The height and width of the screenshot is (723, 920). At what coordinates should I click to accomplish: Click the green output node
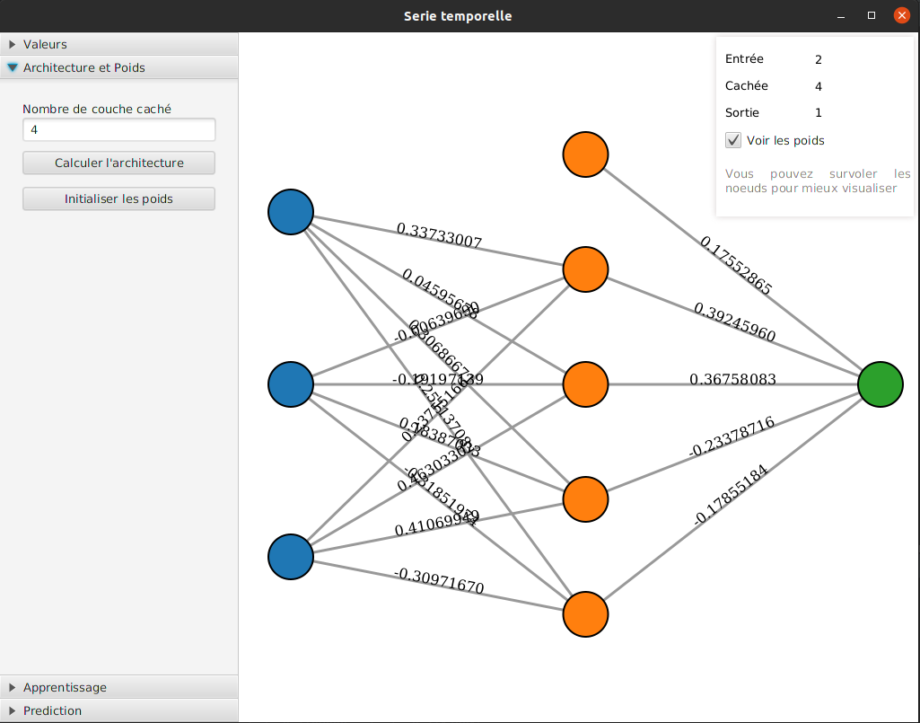[880, 384]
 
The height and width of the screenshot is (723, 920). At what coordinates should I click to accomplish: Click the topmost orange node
[585, 154]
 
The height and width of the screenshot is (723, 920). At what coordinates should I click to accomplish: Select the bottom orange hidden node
[585, 614]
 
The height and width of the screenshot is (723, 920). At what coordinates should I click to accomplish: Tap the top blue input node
[291, 212]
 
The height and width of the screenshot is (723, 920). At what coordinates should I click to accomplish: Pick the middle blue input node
[291, 384]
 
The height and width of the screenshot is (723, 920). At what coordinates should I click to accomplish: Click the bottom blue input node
[291, 557]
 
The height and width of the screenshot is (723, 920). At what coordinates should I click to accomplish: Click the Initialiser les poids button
[118, 198]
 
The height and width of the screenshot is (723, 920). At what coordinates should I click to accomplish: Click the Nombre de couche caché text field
[118, 130]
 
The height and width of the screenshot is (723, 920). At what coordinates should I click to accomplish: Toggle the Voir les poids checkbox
[734, 140]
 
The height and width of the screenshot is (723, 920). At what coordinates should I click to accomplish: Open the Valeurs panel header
[118, 44]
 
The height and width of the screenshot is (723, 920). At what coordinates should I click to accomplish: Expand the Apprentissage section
[118, 687]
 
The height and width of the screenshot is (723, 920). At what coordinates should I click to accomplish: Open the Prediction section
[118, 710]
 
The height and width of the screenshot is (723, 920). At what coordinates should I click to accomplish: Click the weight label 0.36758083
[732, 380]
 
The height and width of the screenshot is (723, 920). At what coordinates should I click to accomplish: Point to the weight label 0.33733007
[440, 235]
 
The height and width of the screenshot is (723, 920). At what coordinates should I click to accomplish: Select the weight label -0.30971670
[438, 582]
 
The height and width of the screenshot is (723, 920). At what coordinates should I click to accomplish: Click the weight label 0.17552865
[735, 265]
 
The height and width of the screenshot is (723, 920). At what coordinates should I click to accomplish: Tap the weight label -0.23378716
[731, 436]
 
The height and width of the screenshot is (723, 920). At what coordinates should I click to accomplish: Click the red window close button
[901, 15]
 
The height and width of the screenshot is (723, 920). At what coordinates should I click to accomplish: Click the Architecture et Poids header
[118, 67]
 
